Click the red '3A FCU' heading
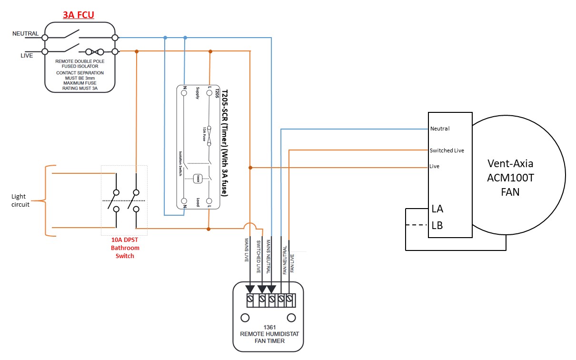click(x=79, y=15)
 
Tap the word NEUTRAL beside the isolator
click(x=26, y=34)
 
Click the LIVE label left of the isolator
click(x=27, y=56)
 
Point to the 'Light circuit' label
click(x=21, y=200)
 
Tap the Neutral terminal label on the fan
click(x=440, y=129)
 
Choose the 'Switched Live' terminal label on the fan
click(x=447, y=150)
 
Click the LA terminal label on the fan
click(x=437, y=209)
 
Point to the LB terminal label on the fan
click(x=437, y=225)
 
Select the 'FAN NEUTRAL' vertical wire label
click(x=285, y=260)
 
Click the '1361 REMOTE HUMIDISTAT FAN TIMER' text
click(x=269, y=334)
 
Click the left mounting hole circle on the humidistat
click(x=245, y=318)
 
